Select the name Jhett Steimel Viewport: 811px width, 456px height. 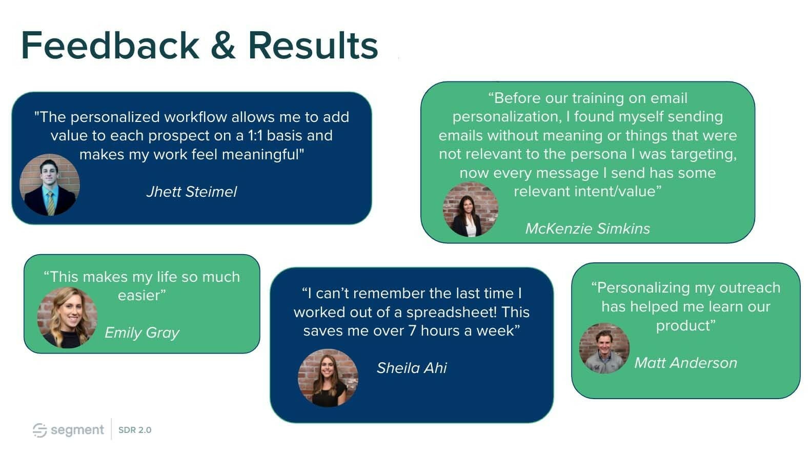pos(192,192)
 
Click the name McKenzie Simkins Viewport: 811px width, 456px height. pos(587,229)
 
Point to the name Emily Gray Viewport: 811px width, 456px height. pos(142,333)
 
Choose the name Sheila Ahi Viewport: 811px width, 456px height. pos(412,368)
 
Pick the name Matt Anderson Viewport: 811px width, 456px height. pos(686,363)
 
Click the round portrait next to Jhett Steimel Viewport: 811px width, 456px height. pos(50,185)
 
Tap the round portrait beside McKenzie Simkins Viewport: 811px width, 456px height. pos(470,210)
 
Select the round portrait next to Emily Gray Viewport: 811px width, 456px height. pos(67,318)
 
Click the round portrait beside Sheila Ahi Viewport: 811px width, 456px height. pos(328,378)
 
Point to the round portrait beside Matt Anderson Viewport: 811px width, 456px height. pos(604,348)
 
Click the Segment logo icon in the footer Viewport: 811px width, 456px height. pos(39,430)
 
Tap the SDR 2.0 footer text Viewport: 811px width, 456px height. pos(135,430)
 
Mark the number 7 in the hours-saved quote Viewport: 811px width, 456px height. pos(412,331)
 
